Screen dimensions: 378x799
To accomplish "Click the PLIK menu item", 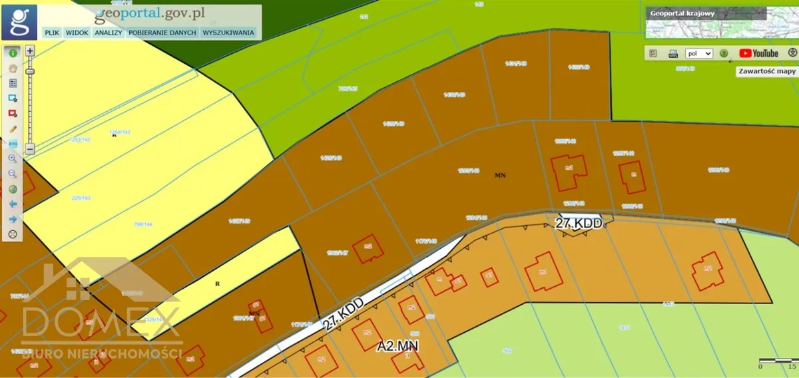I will coord(51,32).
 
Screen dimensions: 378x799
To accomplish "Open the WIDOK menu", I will coord(77,32).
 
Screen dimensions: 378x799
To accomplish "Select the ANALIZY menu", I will coord(108,32).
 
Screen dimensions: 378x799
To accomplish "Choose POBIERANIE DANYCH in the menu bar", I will coord(162,32).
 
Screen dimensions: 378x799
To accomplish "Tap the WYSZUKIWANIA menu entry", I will coord(228,32).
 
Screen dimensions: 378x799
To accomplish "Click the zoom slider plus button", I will coord(30,50).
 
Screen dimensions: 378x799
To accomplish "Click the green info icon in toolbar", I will coord(13,52).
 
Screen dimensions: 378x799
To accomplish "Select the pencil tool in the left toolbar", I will coord(13,128).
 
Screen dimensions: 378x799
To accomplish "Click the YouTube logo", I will coord(758,53).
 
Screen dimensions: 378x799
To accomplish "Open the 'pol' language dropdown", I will coord(698,53).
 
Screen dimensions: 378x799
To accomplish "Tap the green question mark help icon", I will coord(724,53).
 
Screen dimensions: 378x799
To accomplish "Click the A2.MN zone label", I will coord(398,346).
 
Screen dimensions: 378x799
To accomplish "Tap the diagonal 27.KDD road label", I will coord(344,314).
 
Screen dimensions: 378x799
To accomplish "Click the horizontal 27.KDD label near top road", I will coord(579,224).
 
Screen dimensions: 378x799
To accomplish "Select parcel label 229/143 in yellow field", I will coord(81,198).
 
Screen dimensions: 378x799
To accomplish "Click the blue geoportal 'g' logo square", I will coord(19,22).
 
